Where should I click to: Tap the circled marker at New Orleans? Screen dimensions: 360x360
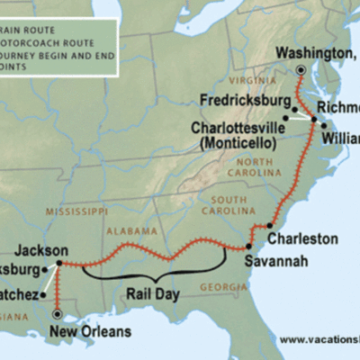[x=58, y=314]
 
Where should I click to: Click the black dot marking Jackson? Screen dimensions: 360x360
[x=59, y=264]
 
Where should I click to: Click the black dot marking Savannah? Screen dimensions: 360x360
[x=247, y=246]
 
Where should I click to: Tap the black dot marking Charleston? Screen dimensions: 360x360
[x=270, y=225]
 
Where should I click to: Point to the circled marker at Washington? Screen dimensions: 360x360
[x=301, y=69]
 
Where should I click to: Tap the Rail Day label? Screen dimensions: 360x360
[x=154, y=293]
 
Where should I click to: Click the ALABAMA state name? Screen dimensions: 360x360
[x=128, y=231]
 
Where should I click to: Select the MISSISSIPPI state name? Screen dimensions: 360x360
[x=73, y=213]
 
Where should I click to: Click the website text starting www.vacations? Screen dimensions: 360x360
[x=319, y=340]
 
